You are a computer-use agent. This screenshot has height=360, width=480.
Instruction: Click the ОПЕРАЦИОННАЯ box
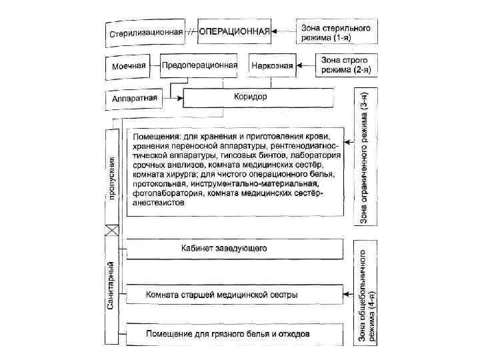coord(234,31)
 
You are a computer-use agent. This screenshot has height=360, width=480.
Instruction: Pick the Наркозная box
coord(270,66)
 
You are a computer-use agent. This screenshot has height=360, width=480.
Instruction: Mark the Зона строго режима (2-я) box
coord(347,65)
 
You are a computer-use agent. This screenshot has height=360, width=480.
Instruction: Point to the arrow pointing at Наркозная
coord(306,65)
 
